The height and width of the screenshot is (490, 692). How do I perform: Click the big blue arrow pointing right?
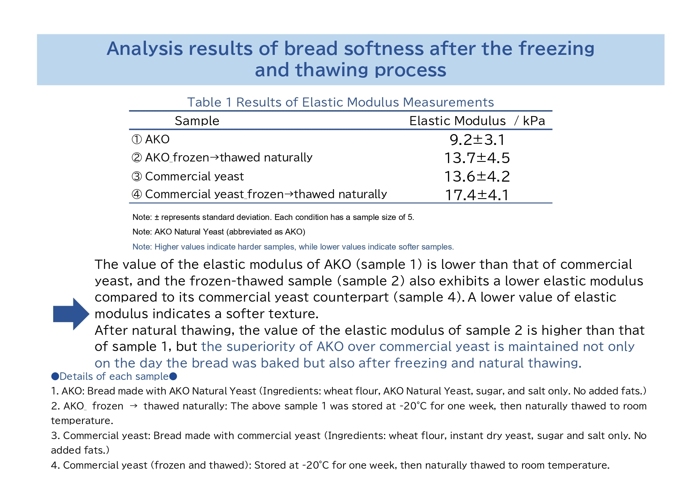pos(71,314)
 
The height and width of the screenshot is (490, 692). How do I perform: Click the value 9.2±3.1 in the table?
pos(477,140)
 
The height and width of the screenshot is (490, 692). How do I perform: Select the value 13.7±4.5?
pos(477,158)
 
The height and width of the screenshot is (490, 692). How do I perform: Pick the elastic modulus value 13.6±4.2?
pos(477,176)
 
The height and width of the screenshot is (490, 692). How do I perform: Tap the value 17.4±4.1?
pos(477,195)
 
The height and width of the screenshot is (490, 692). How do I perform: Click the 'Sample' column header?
pos(197,121)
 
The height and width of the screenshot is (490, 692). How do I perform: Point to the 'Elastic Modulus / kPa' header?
pos(477,121)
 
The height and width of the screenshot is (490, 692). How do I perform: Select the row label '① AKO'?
pos(150,139)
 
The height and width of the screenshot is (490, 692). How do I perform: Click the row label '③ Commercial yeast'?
pos(188,176)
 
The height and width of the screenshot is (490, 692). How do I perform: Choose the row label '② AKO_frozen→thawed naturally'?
pos(222,158)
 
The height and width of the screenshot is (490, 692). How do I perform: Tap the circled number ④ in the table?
pos(136,194)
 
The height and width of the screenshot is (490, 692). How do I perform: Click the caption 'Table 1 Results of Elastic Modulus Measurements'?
pos(340,102)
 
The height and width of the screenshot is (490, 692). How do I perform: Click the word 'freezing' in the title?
pos(556,49)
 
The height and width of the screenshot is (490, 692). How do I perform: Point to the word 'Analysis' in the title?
pos(145,49)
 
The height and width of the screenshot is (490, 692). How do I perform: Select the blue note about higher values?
pos(293,247)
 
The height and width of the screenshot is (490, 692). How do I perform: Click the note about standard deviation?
pos(273,217)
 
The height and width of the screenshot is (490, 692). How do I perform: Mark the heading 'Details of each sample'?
pos(114,376)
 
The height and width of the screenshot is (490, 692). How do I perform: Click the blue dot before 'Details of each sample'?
pos(55,376)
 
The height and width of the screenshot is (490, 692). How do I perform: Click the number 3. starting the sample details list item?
pos(55,436)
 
